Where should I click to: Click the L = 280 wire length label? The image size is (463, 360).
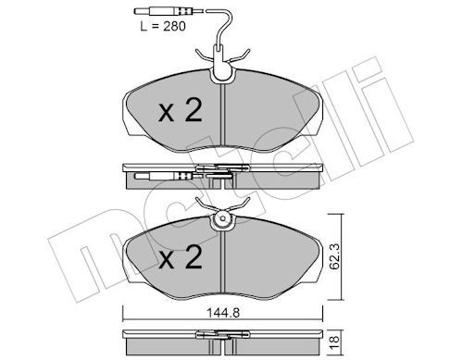(x=163, y=27)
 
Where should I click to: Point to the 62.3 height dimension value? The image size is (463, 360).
(x=334, y=256)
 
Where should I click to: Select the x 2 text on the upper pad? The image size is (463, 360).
(x=181, y=110)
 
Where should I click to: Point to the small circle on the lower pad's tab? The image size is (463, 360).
(x=222, y=218)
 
